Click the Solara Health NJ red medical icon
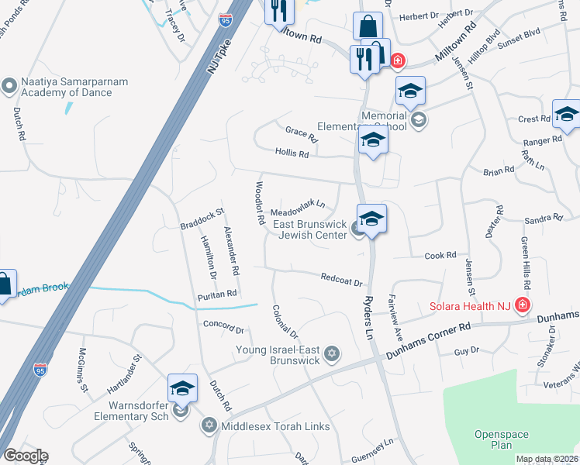(523, 305)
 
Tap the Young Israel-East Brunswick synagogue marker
(332, 353)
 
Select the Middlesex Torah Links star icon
(208, 425)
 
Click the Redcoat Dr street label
(342, 278)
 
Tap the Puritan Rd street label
(216, 294)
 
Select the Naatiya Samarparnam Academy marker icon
(9, 85)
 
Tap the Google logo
(25, 456)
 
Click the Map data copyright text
(547, 459)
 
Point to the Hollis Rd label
(292, 154)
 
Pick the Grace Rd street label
(302, 133)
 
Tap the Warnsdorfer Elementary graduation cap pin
(182, 387)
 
